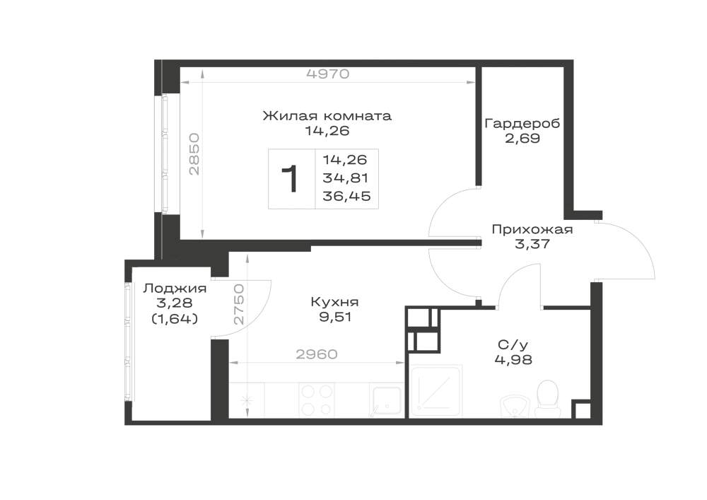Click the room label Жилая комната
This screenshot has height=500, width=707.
[327, 116]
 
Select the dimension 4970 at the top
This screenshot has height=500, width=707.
[328, 74]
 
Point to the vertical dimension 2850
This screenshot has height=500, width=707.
[194, 153]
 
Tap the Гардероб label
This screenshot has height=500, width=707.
[522, 124]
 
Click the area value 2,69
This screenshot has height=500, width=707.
[522, 138]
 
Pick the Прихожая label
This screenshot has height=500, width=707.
[532, 229]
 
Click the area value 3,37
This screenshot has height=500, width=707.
[532, 244]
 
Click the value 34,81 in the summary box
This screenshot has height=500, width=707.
[346, 178]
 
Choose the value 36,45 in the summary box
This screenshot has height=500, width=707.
[346, 196]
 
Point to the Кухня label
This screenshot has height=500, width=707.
[334, 302]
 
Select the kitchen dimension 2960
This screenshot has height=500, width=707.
[317, 354]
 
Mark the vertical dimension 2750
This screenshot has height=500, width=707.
[240, 304]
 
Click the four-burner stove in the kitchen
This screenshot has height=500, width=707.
[317, 400]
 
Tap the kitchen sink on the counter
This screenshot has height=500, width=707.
[387, 400]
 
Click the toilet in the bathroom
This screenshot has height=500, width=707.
[547, 399]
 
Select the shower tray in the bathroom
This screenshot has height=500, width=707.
[436, 390]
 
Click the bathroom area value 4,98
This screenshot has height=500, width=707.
[513, 360]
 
